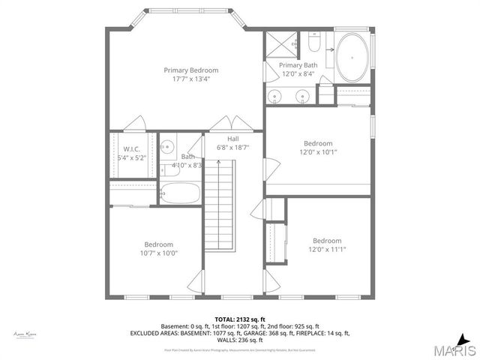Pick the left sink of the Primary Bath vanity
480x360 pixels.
point(277,97)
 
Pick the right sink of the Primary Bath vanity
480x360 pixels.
point(303,97)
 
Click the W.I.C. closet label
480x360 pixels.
point(132,148)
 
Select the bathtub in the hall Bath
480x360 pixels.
point(181,193)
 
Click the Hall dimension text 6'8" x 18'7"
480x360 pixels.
point(232,148)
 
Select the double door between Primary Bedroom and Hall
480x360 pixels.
point(223,124)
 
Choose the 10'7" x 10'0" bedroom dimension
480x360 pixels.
point(158,253)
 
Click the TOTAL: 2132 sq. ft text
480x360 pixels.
point(240,319)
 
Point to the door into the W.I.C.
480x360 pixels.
point(135,124)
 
